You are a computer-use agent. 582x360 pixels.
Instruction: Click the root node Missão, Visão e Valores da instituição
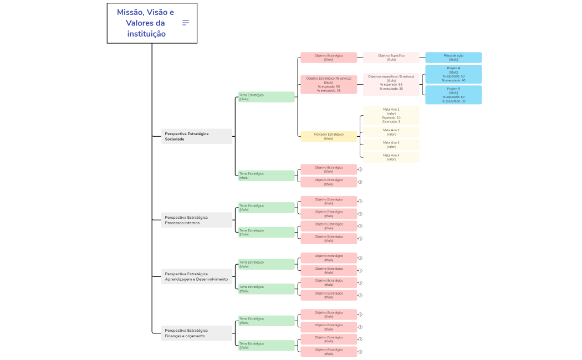pos(145,23)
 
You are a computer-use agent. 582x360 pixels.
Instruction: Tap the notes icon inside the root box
pos(186,23)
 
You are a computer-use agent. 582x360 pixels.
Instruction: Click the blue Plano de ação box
pos(453,58)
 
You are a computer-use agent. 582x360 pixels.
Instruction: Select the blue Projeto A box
pos(453,74)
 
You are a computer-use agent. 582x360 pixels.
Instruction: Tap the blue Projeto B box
pos(453,95)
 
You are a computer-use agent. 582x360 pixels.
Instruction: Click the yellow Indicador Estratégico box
pos(329,136)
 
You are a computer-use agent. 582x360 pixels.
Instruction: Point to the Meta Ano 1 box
pos(391,116)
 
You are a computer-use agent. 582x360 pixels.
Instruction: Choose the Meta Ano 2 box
pos(391,132)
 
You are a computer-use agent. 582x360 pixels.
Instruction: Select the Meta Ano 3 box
pos(391,145)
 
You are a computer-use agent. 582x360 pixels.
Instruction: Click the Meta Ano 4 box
pos(391,157)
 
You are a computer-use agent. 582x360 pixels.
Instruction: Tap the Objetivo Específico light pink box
pos(391,58)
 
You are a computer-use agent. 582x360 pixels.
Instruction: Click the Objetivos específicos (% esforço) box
pos(391,83)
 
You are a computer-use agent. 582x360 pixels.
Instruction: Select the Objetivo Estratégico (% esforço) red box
pos(329,84)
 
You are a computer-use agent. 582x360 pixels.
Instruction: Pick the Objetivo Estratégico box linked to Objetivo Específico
pos(329,58)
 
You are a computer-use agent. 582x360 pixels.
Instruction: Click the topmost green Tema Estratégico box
pos(266,97)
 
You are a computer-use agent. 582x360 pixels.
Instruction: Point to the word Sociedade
pos(175,140)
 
